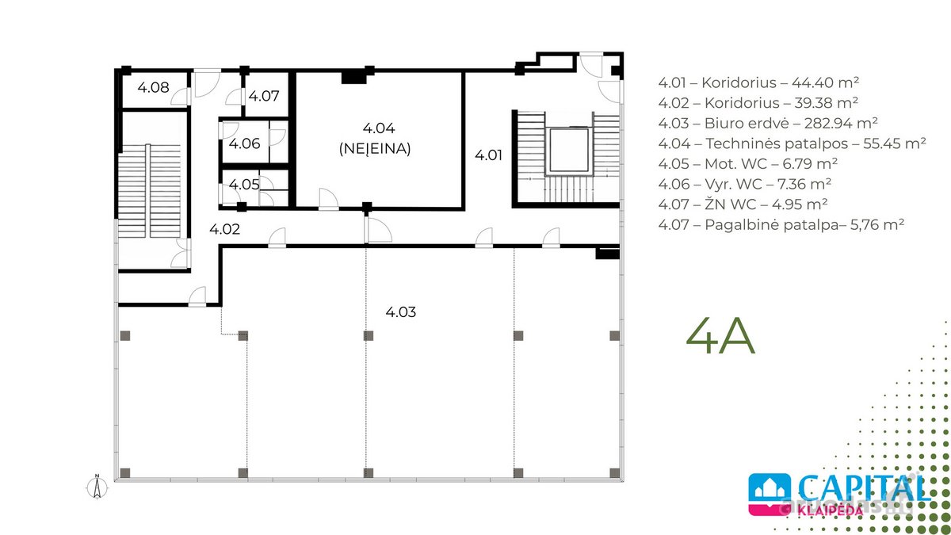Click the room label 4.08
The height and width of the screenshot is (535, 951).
pyautogui.click(x=153, y=87)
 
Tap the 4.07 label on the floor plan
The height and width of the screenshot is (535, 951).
pyautogui.click(x=264, y=96)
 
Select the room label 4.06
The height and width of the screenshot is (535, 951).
pyautogui.click(x=244, y=143)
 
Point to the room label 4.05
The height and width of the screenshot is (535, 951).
pyautogui.click(x=244, y=184)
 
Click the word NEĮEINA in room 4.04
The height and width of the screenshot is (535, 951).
pyautogui.click(x=375, y=149)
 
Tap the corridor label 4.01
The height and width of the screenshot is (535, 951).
pyautogui.click(x=488, y=155)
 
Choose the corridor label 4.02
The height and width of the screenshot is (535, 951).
pyautogui.click(x=224, y=229)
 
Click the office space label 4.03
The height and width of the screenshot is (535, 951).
pyautogui.click(x=401, y=312)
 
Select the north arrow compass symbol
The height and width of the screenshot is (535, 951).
pyautogui.click(x=97, y=487)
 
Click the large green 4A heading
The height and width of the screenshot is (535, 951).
pyautogui.click(x=720, y=335)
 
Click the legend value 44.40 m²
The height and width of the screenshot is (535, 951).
pyautogui.click(x=825, y=82)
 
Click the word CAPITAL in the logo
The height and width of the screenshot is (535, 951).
pyautogui.click(x=864, y=488)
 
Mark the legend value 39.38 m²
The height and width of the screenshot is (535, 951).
pyautogui.click(x=825, y=103)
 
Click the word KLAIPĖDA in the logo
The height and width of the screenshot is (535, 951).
pyautogui.click(x=830, y=510)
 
